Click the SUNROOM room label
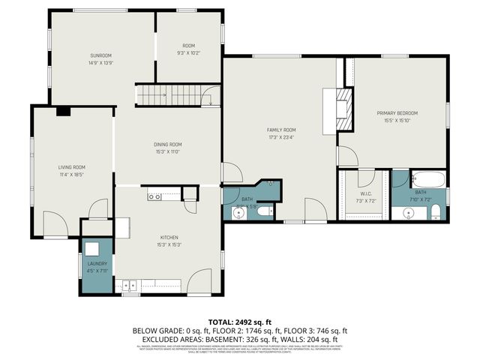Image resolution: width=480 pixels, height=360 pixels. [x=101, y=55]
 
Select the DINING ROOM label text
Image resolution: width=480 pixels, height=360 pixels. [x=169, y=144]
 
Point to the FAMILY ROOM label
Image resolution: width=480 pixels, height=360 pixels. [x=281, y=130]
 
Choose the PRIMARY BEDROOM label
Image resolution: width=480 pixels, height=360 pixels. [x=397, y=113]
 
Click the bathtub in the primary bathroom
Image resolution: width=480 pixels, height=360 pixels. [x=429, y=180]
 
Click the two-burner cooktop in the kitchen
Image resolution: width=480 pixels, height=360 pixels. [x=154, y=197]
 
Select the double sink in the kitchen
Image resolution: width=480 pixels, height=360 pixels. [x=130, y=285]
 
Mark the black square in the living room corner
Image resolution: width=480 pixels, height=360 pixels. [x=63, y=111]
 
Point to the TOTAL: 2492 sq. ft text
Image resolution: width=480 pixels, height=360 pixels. [x=239, y=320]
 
